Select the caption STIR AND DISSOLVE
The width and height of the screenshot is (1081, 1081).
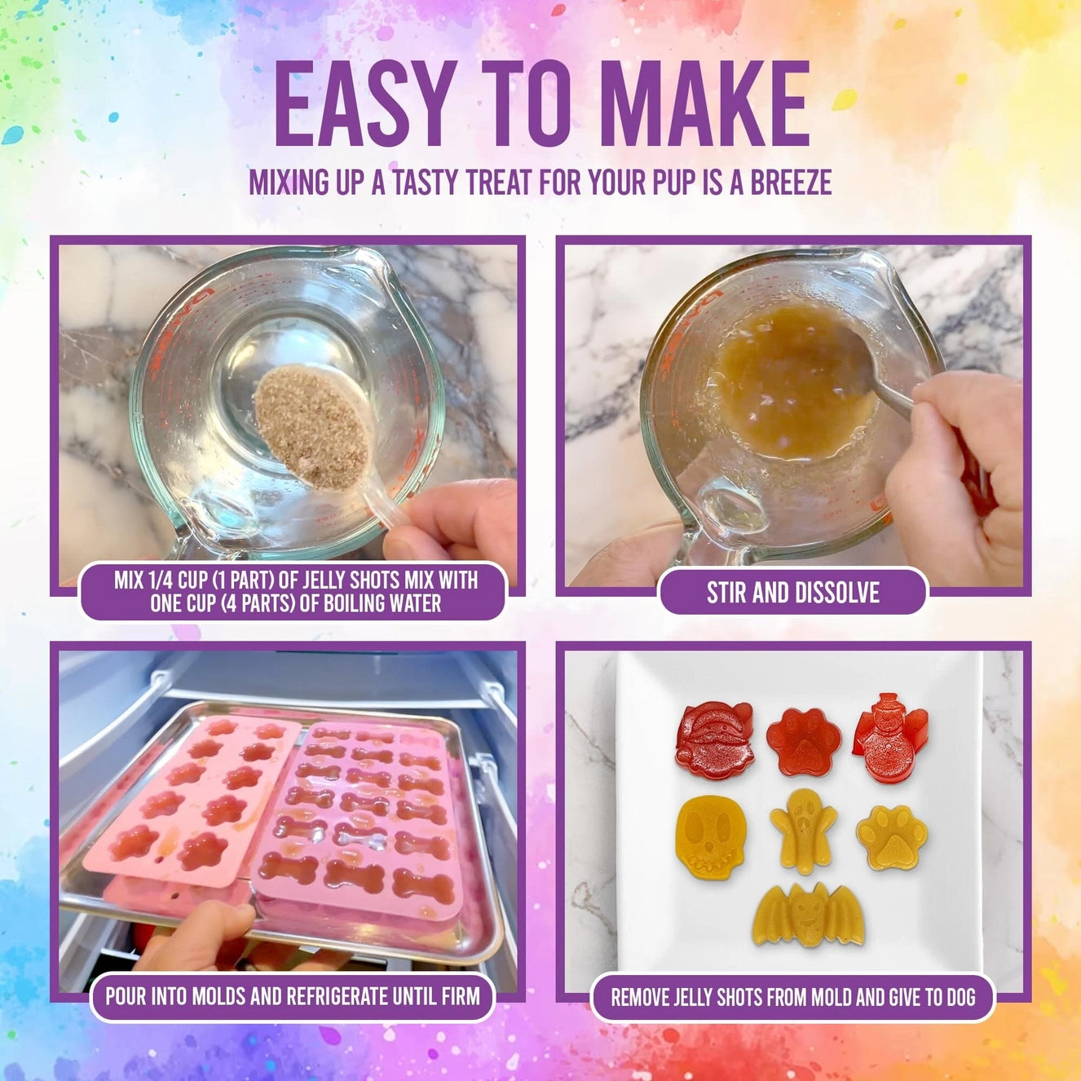pos(792,593)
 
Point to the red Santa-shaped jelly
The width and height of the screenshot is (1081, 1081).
pos(713,739)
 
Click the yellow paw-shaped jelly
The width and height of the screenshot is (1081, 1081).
pos(891,836)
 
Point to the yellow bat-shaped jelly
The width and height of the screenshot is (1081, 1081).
pos(807,915)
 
